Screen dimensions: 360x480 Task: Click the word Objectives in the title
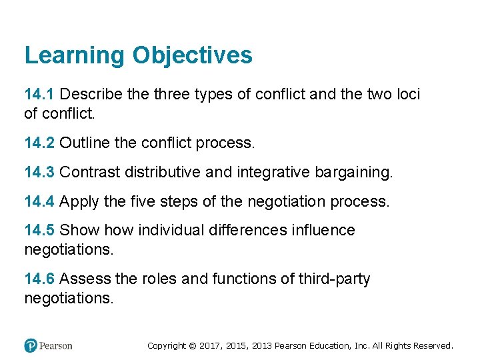tap(192, 55)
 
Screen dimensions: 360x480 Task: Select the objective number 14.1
tap(39, 95)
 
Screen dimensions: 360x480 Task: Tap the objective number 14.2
tap(39, 143)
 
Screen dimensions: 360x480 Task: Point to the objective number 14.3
tap(39, 173)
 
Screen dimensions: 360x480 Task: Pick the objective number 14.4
tap(39, 201)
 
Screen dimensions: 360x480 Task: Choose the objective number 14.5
tap(39, 231)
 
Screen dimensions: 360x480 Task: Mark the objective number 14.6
tap(39, 279)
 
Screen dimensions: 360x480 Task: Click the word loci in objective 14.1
tap(407, 95)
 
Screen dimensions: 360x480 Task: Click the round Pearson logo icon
tap(31, 345)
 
